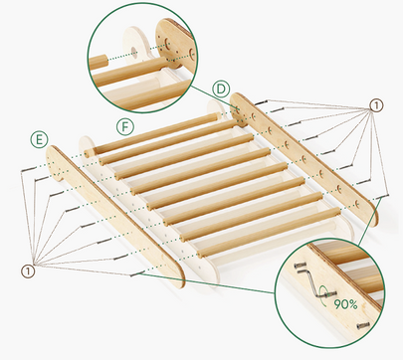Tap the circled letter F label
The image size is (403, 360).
click(x=123, y=126)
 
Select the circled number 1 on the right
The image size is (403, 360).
click(x=374, y=104)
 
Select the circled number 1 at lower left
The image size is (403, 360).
click(x=26, y=270)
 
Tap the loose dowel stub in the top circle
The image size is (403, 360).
click(x=100, y=62)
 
